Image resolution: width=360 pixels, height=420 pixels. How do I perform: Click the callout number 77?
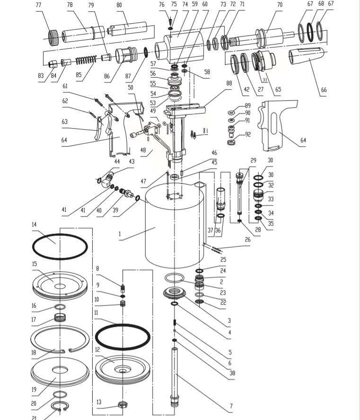pyautogui.click(x=39, y=5)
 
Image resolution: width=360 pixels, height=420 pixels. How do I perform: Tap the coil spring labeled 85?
pyautogui.click(x=87, y=60)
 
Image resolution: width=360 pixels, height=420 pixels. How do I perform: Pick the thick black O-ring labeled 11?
pyautogui.click(x=123, y=337)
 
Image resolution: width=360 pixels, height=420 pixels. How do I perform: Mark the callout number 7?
pyautogui.click(x=231, y=406)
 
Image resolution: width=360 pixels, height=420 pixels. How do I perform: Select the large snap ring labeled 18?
pyautogui.click(x=60, y=342)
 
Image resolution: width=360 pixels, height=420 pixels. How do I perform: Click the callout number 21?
pyautogui.click(x=34, y=418)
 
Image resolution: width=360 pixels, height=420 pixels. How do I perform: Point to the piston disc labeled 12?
pyautogui.click(x=122, y=369)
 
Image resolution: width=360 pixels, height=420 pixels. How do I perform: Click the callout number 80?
pyautogui.click(x=119, y=5)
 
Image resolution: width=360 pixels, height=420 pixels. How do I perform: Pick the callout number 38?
pyautogui.click(x=232, y=373)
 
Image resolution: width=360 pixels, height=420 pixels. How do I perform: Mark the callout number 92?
pyautogui.click(x=247, y=134)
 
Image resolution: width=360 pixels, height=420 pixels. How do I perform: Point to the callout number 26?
pyautogui.click(x=247, y=240)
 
